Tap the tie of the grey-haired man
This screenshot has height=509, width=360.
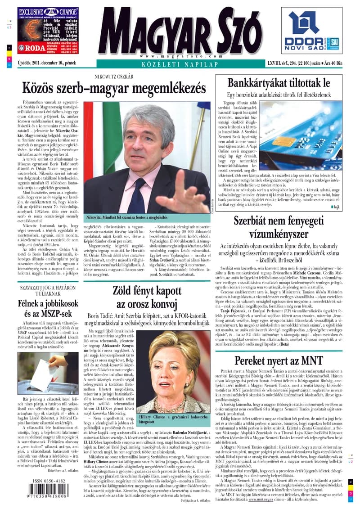[137, 198]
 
